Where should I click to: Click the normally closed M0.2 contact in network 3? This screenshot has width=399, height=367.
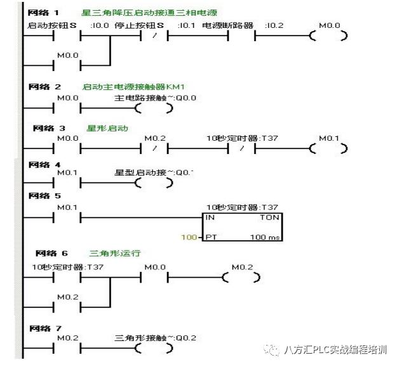pyautogui.click(x=153, y=149)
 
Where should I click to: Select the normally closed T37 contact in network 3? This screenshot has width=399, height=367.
pyautogui.click(x=241, y=149)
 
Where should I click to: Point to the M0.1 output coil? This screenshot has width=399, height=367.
pyautogui.click(x=328, y=149)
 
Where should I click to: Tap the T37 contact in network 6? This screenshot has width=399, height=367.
pyautogui.click(x=69, y=278)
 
